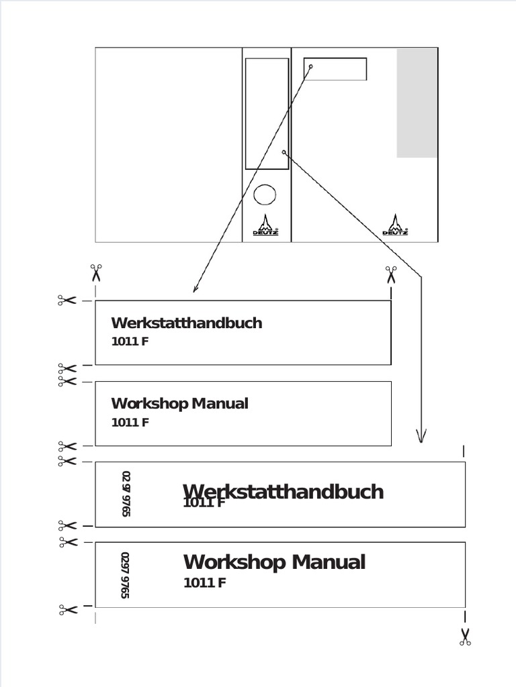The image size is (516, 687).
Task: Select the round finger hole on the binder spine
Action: pyautogui.click(x=265, y=195)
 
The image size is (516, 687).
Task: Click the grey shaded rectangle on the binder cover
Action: pyautogui.click(x=417, y=103)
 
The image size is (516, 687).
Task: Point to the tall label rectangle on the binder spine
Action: pyautogui.click(x=267, y=113)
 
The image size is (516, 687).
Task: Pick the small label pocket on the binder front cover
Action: pyautogui.click(x=335, y=69)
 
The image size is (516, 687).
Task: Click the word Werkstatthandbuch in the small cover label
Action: pyautogui.click(x=186, y=323)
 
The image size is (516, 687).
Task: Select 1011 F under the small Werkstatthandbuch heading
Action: pyautogui.click(x=130, y=341)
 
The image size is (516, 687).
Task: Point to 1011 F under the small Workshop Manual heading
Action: pyautogui.click(x=130, y=422)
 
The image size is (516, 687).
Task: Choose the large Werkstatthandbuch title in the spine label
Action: pyautogui.click(x=283, y=491)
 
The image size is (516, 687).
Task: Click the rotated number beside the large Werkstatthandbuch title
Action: pyautogui.click(x=126, y=494)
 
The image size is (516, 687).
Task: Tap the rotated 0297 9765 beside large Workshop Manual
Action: pyautogui.click(x=125, y=575)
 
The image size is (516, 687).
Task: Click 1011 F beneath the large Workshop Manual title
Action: pyautogui.click(x=204, y=582)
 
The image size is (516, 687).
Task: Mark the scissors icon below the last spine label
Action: pyautogui.click(x=465, y=637)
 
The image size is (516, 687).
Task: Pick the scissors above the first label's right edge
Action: pyautogui.click(x=391, y=274)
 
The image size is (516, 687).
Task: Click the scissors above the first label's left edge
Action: pyautogui.click(x=96, y=272)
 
